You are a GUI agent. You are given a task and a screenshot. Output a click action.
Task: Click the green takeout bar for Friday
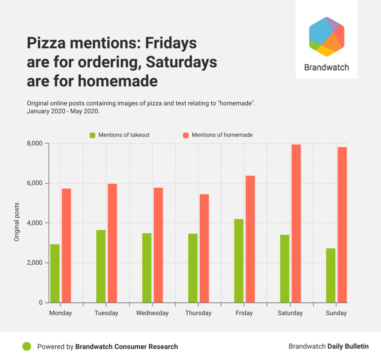[239, 261]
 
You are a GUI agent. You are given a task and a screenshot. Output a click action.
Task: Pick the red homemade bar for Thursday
[204, 248]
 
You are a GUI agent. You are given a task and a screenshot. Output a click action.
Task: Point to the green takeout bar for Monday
[55, 273]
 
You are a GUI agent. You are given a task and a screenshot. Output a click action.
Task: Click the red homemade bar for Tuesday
[112, 243]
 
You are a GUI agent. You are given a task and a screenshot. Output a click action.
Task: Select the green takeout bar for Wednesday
[147, 268]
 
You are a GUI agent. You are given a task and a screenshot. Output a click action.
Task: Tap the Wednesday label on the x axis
[152, 313]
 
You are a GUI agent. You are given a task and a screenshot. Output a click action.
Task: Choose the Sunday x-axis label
[336, 313]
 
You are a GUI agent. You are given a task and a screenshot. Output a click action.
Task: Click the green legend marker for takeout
[92, 135]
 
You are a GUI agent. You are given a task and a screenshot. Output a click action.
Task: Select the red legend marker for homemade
[186, 135]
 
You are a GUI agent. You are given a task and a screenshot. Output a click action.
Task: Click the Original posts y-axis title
[17, 222]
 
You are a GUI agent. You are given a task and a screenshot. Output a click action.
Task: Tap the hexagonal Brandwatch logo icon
[326, 36]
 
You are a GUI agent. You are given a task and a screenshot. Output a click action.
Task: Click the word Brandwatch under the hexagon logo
[326, 68]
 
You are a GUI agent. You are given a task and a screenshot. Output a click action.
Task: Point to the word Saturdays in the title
[181, 62]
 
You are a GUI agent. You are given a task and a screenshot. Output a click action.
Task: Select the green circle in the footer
[27, 347]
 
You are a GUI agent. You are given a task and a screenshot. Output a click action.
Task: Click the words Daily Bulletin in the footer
[348, 346]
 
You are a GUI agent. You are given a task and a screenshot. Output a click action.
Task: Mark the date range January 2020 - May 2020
[63, 111]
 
